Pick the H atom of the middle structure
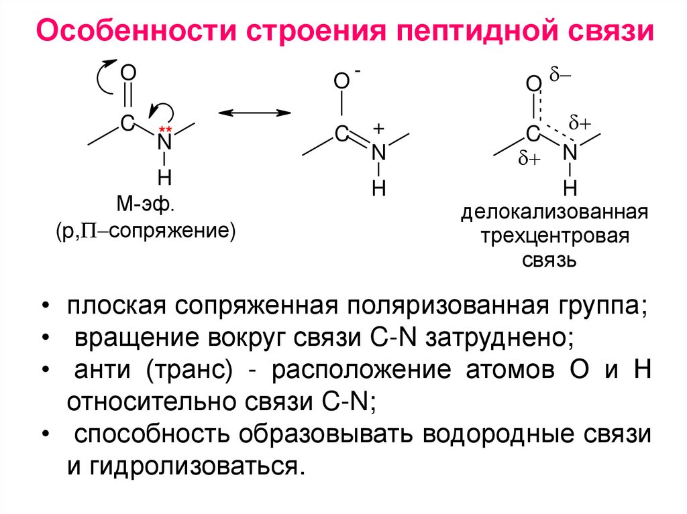point(379,189)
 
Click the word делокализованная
point(553,214)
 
